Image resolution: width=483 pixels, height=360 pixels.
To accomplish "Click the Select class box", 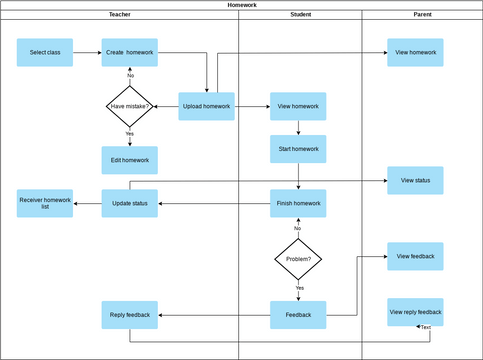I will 44,53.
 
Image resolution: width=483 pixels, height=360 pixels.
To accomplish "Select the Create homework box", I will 129,53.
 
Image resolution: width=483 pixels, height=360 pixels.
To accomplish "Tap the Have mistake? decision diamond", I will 129,106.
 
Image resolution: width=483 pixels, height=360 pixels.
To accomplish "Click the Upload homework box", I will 206,106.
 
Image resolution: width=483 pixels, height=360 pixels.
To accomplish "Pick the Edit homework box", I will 129,160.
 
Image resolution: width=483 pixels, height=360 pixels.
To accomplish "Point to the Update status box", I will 129,203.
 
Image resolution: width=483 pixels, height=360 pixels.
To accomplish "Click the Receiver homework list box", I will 45,203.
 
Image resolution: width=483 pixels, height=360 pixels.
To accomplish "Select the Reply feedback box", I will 129,315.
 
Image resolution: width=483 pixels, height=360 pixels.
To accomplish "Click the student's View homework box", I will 297,106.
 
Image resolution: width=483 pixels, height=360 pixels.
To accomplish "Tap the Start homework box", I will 297,149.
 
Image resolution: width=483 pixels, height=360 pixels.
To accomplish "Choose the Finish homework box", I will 297,203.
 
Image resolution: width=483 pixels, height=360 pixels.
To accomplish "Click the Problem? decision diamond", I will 297,259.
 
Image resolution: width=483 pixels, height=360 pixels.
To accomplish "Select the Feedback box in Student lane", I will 297,315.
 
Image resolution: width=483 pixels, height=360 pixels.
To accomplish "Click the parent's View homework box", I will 415,53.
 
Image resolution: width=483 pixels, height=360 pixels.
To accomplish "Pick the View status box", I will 415,181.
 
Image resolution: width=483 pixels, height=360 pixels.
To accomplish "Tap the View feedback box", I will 415,256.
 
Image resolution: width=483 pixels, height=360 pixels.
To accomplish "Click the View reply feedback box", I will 415,312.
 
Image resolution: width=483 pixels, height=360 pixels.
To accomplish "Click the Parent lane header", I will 421,16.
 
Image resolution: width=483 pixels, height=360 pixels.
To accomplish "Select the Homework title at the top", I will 241,5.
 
